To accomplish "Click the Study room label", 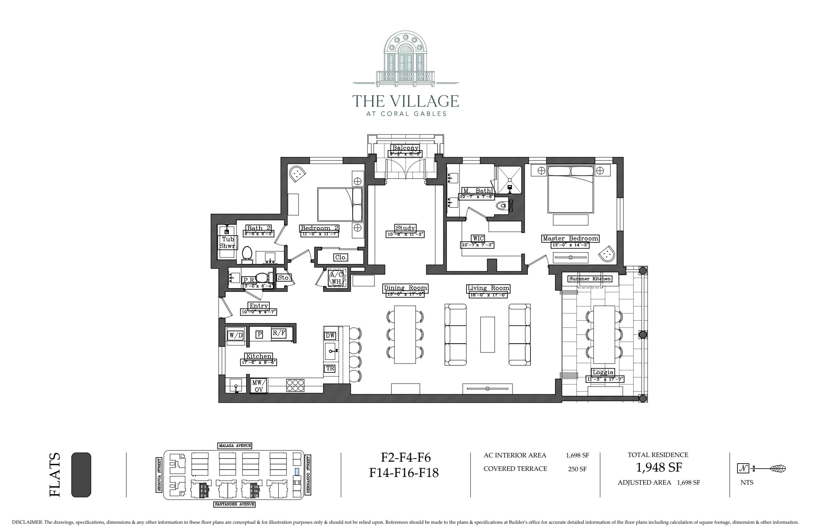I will pyautogui.click(x=405, y=228).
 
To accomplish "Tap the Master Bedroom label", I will pyautogui.click(x=570, y=239).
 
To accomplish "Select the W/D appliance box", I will pyautogui.click(x=236, y=336).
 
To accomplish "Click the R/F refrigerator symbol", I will pyautogui.click(x=279, y=333).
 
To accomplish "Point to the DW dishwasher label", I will pyautogui.click(x=330, y=336).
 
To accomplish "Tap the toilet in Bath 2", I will pyautogui.click(x=247, y=254).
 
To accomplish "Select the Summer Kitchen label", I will pyautogui.click(x=589, y=279).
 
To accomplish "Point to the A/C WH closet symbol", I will pyautogui.click(x=336, y=278).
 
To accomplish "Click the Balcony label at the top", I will pyautogui.click(x=405, y=148).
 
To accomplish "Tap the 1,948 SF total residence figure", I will pyautogui.click(x=658, y=468).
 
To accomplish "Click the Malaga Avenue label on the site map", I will pyautogui.click(x=235, y=446).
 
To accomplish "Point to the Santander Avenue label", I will pyautogui.click(x=234, y=505).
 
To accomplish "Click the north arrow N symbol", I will pyautogui.click(x=743, y=468).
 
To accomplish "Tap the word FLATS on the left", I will pyautogui.click(x=55, y=475).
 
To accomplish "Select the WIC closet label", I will pyautogui.click(x=478, y=239).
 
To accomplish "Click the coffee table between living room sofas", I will pyautogui.click(x=487, y=334).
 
